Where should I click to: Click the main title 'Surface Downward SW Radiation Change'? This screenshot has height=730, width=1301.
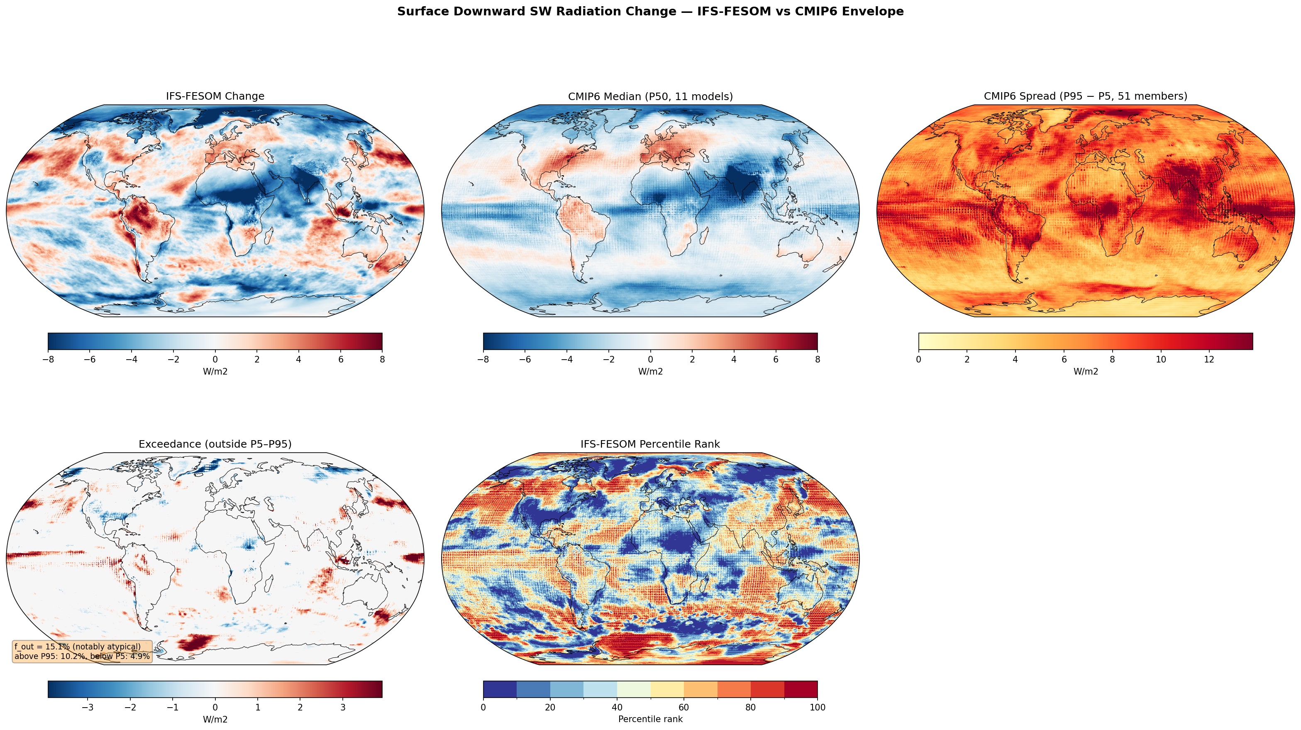[x=650, y=12]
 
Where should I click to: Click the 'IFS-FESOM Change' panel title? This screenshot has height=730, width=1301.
[x=215, y=96]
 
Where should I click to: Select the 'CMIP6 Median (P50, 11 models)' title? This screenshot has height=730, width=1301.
[x=650, y=96]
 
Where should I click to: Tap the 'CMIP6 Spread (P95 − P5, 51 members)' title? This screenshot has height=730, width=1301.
[x=1085, y=96]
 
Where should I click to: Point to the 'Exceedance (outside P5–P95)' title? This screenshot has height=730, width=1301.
[x=215, y=444]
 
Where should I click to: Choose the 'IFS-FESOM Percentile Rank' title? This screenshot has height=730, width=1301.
[x=650, y=444]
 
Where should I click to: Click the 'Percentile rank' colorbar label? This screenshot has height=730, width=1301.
[x=650, y=719]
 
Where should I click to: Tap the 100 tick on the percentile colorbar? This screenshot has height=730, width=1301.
[x=817, y=707]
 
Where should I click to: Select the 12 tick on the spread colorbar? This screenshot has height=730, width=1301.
[x=1208, y=360]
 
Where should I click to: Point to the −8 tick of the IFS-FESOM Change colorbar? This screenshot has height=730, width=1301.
[x=48, y=360]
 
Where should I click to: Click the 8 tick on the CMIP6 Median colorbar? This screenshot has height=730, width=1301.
[x=817, y=360]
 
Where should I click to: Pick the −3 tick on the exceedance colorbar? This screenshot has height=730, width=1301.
[x=88, y=707]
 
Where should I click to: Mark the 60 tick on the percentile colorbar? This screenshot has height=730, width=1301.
[x=684, y=707]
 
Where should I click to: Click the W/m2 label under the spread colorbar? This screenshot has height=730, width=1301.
[x=1085, y=371]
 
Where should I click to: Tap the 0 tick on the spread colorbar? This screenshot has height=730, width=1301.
[x=919, y=360]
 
